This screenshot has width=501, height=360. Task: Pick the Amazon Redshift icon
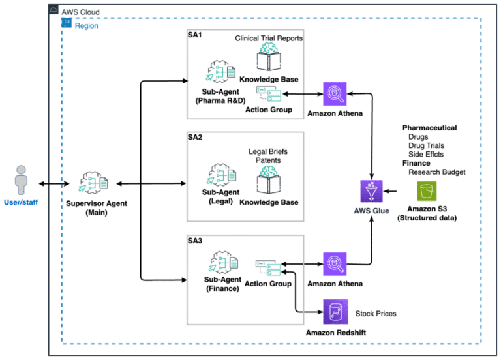[x=337, y=312]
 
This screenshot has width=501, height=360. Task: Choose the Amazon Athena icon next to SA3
[x=335, y=265]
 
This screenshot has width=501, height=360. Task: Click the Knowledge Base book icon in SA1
[x=269, y=59]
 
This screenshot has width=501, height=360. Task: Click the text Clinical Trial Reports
[x=269, y=38]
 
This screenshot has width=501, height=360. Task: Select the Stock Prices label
[x=375, y=314]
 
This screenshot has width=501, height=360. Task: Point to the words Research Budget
[x=436, y=172]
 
